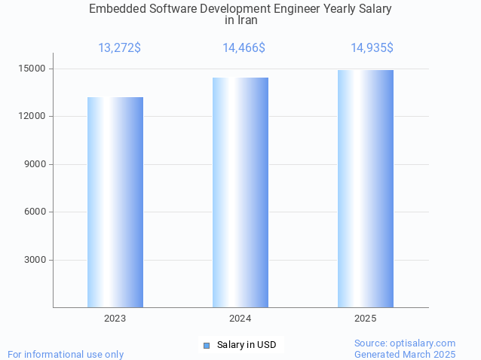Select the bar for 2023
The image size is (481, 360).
click(x=115, y=202)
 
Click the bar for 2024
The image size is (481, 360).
click(x=240, y=192)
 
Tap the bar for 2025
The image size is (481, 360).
click(x=366, y=188)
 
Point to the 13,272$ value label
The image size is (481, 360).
click(x=119, y=48)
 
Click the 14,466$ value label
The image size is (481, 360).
click(x=244, y=48)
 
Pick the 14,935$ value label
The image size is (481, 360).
click(x=372, y=48)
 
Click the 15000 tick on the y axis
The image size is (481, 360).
click(x=32, y=69)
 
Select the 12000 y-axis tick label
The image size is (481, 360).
click(x=32, y=117)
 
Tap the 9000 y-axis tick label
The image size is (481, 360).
click(x=35, y=164)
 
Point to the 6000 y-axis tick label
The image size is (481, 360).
click(x=35, y=212)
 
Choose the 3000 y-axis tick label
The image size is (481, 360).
click(x=35, y=261)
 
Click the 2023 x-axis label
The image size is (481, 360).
click(x=115, y=319)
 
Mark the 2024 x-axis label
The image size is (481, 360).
click(x=240, y=319)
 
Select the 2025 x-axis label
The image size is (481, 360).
click(x=366, y=319)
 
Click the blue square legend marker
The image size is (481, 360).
click(x=206, y=345)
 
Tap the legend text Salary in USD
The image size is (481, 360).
click(x=247, y=345)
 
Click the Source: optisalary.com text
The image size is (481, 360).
click(x=405, y=343)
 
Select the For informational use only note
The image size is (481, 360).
click(x=66, y=354)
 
